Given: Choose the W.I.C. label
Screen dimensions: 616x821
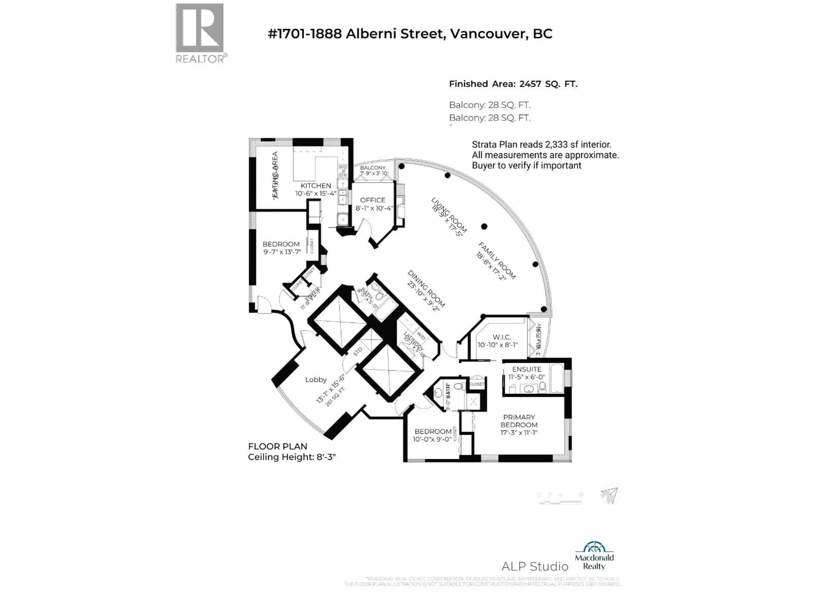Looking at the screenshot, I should (501, 337).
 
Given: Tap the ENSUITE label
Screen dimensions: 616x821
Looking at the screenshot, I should (526, 369).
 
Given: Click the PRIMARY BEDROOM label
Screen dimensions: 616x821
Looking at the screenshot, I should (519, 421).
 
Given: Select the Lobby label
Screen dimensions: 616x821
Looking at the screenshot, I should (316, 379).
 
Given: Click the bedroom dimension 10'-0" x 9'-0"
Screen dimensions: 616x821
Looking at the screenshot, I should (432, 439).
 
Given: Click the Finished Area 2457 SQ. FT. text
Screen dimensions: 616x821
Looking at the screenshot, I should (513, 84).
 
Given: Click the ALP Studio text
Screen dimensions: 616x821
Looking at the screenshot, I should (535, 566).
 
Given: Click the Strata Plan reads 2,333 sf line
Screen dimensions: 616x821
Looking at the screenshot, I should (541, 144).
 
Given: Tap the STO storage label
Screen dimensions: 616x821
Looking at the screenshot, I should (358, 352).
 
